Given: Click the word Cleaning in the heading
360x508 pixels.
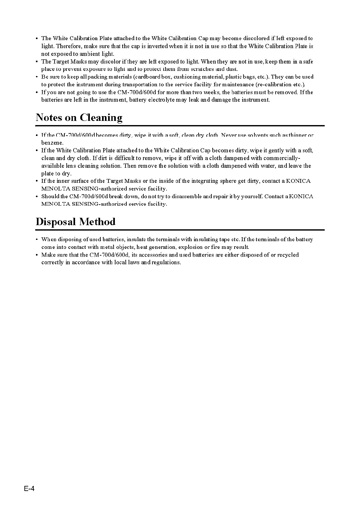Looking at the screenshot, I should (x=101, y=118).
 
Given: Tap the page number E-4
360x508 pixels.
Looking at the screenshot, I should (x=29, y=489).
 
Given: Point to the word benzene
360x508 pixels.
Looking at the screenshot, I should (x=52, y=143).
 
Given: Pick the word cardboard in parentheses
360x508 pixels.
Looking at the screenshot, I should (x=148, y=77).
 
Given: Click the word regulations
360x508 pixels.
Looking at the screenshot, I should (x=166, y=262).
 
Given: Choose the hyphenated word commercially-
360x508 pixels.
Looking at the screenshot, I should (x=282, y=158).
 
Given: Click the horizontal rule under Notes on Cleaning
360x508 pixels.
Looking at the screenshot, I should (x=180, y=126).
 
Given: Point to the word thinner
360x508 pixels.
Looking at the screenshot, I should (x=297, y=135).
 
